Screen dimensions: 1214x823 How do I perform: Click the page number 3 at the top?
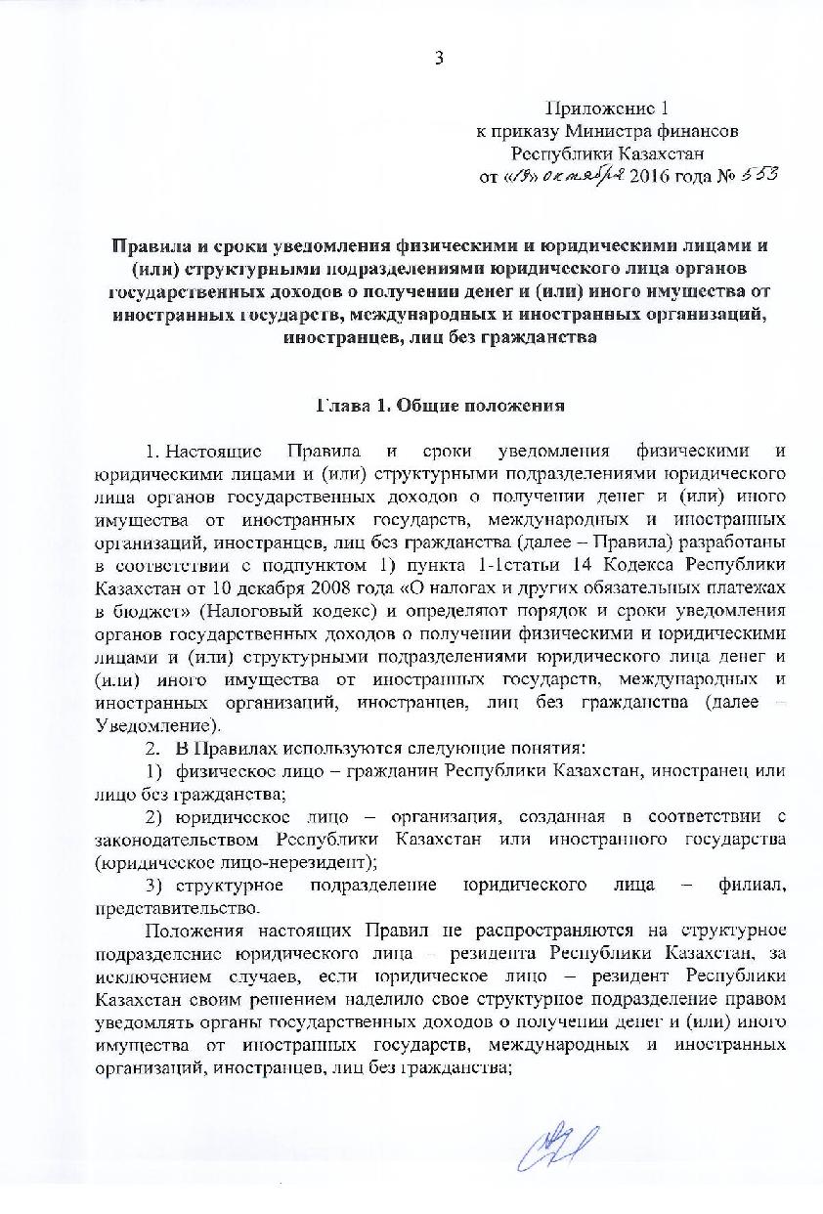pos(439,58)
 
